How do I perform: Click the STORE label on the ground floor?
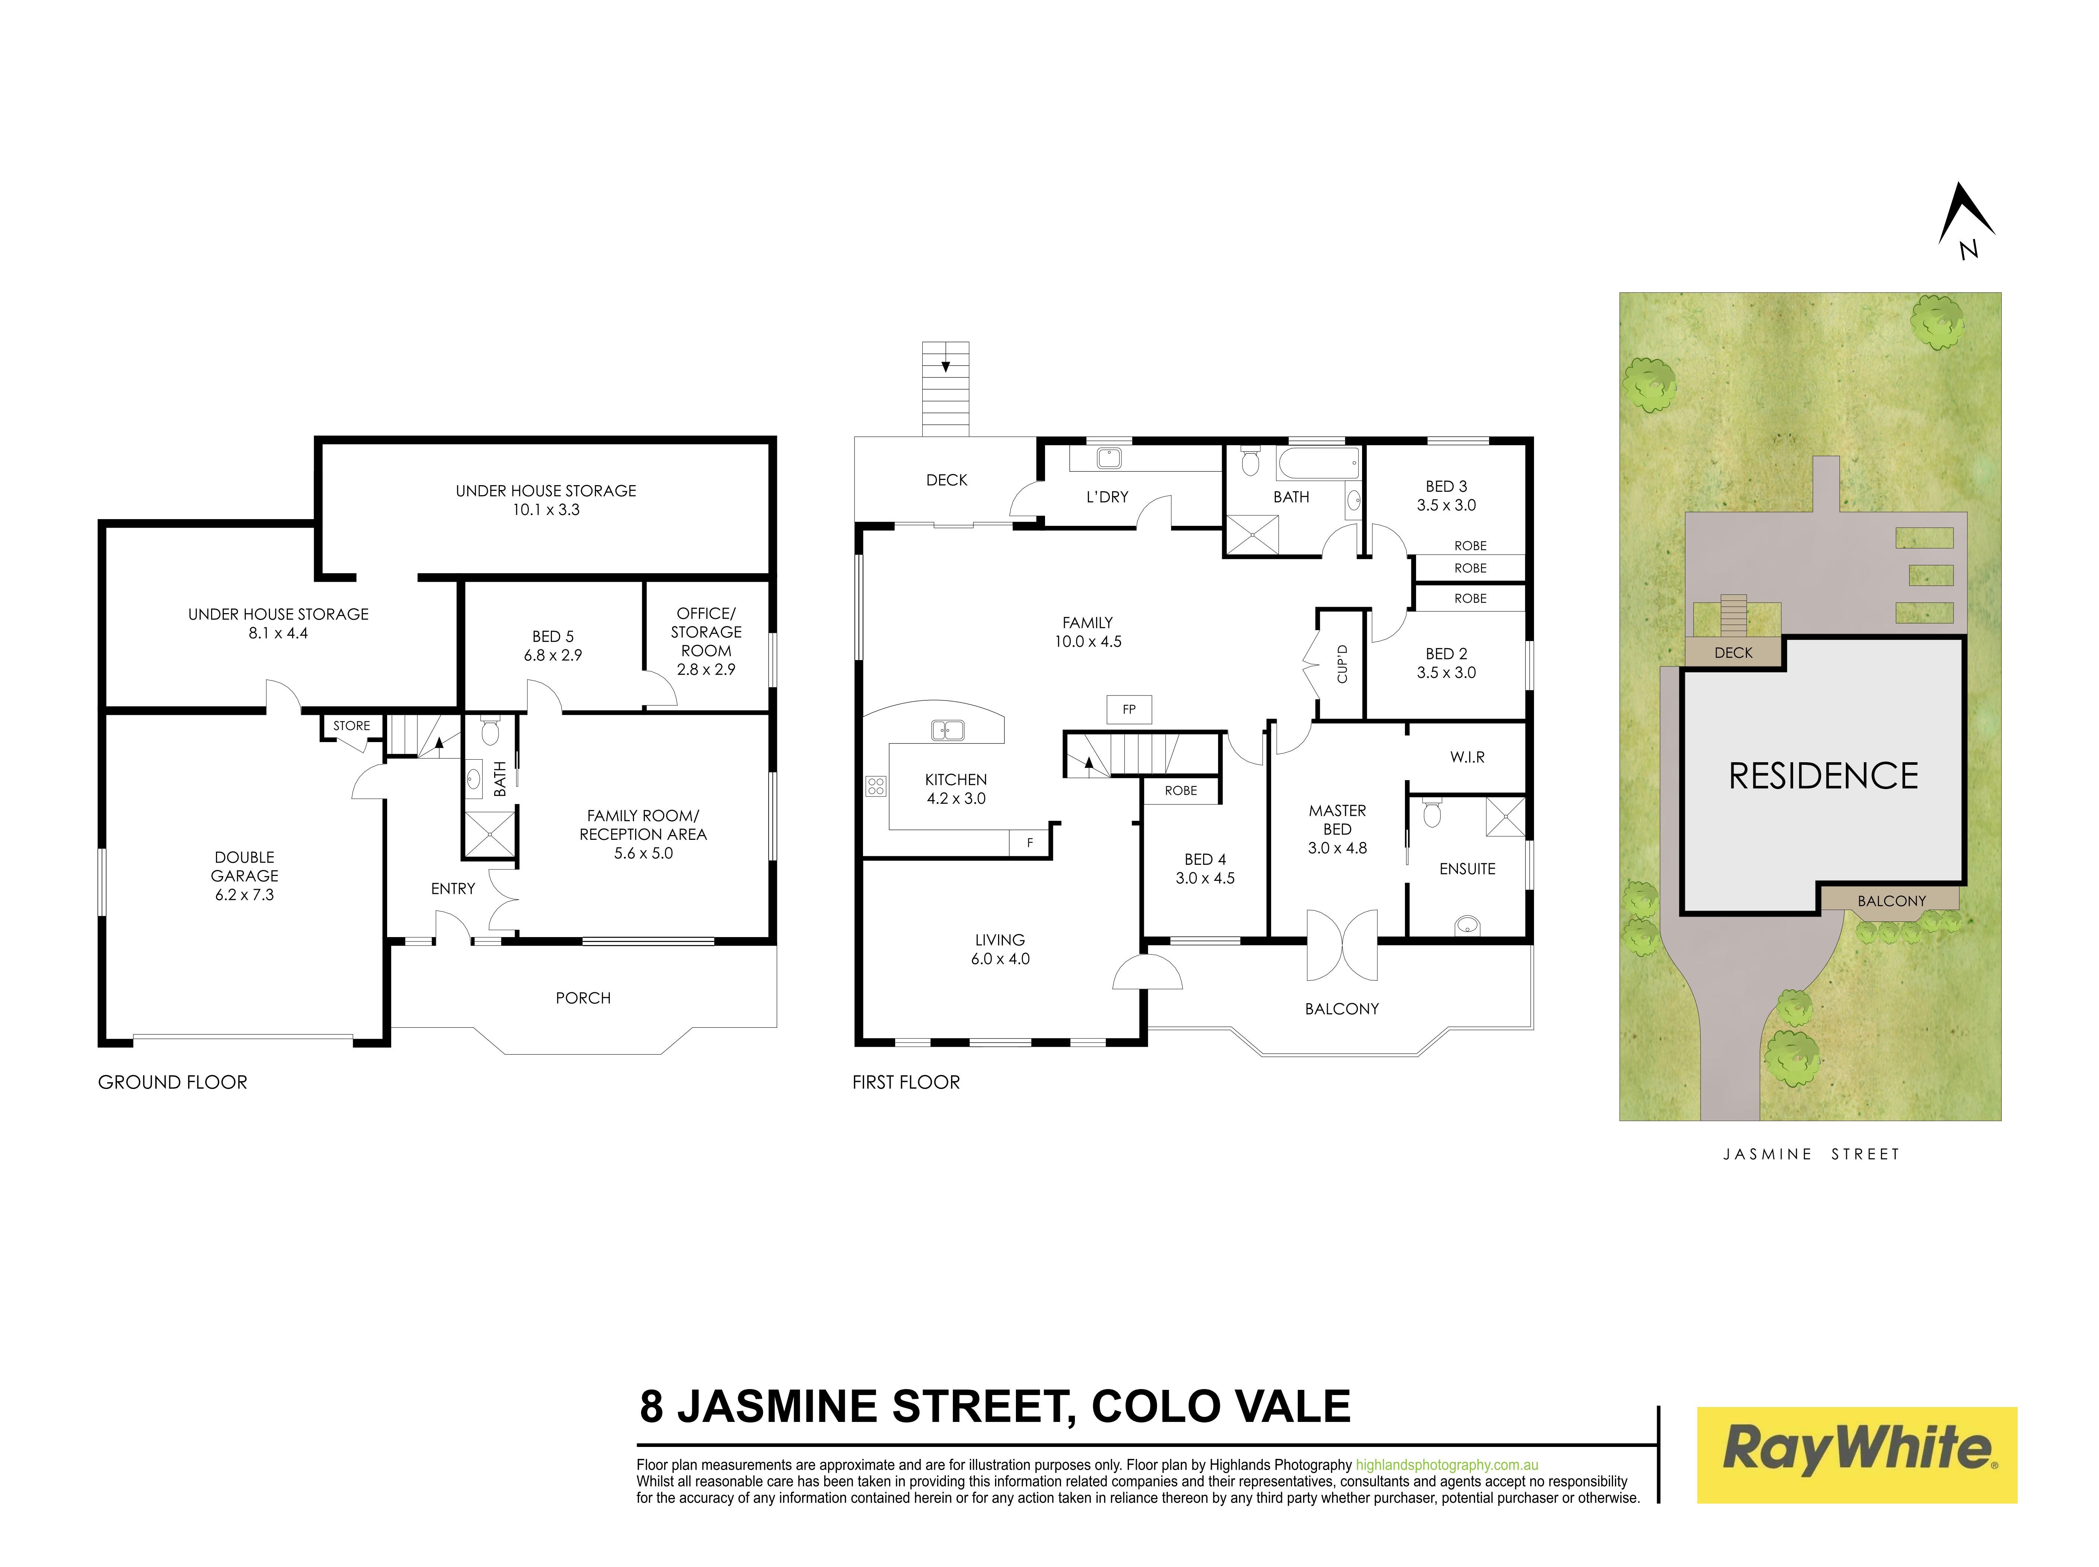tap(351, 726)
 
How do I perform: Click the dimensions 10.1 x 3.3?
tap(546, 509)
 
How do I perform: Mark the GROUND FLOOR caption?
tap(173, 1082)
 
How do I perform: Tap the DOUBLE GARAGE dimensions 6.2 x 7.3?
tap(245, 895)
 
